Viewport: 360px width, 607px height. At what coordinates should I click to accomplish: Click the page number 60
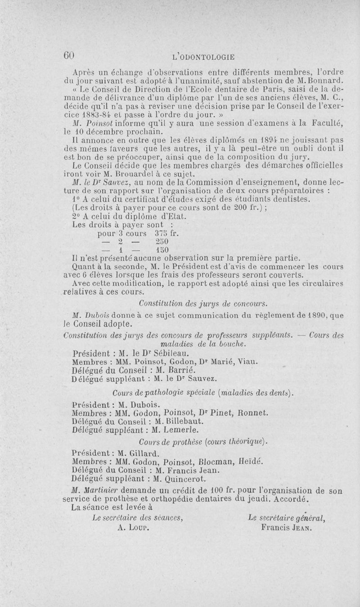point(68,55)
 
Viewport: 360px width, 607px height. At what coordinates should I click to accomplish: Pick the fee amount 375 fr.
point(167,234)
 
